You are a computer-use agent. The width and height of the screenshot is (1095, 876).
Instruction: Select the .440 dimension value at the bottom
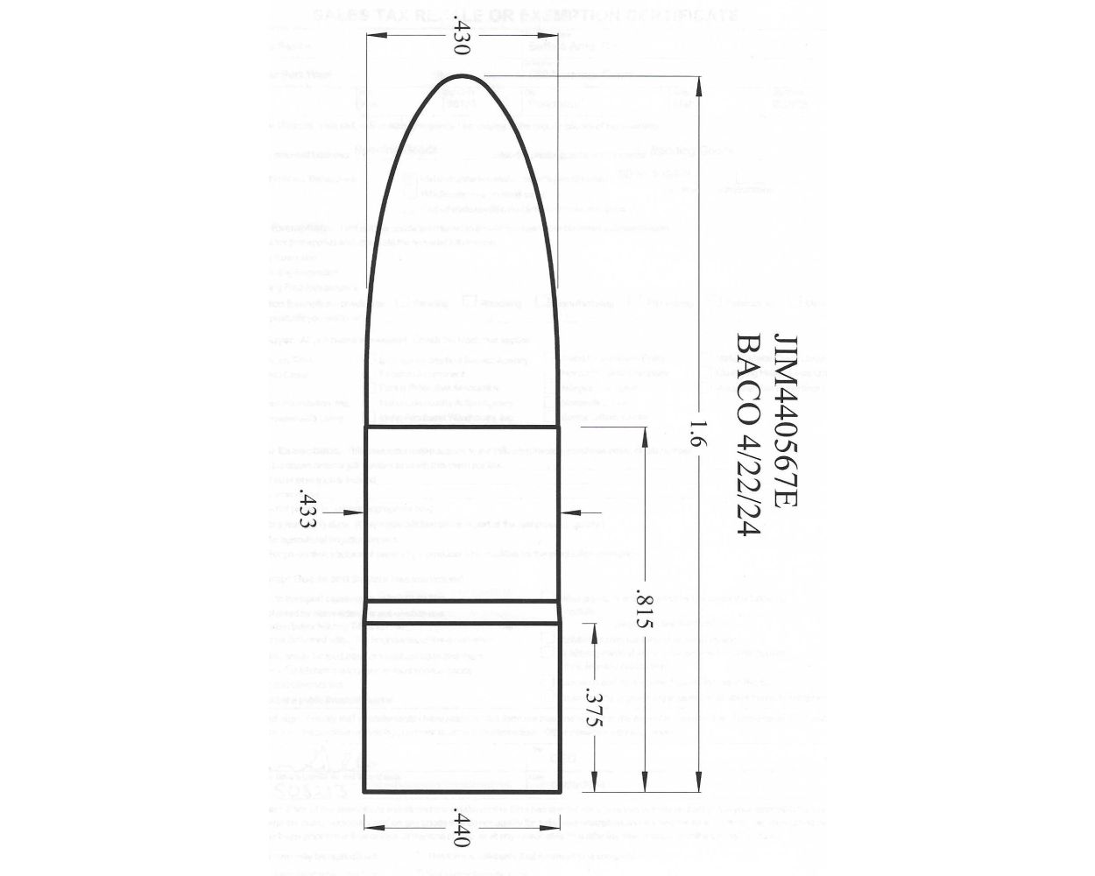coord(463,826)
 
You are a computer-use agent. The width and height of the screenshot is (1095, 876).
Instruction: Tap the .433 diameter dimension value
coord(307,511)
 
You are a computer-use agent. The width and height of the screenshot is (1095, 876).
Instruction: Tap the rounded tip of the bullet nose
coord(463,79)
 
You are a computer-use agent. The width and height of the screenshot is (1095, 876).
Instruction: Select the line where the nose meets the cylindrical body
coord(463,427)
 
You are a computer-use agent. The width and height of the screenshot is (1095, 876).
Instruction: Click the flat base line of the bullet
coord(463,791)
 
